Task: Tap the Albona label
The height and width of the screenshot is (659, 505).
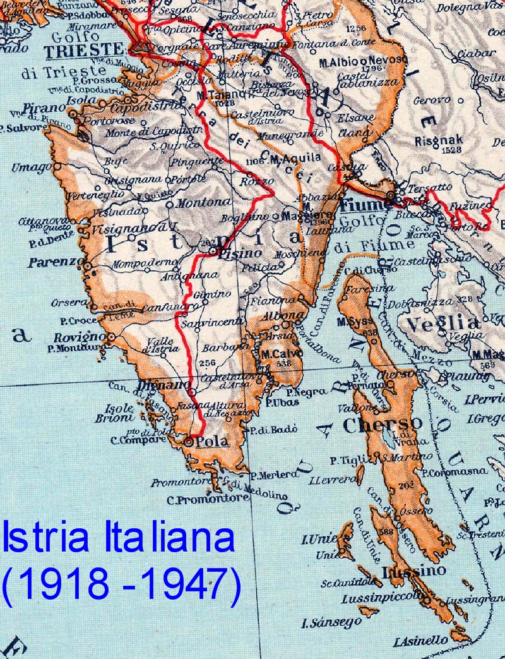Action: coord(279,315)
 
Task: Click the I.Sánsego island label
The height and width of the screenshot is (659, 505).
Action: coord(331,622)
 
